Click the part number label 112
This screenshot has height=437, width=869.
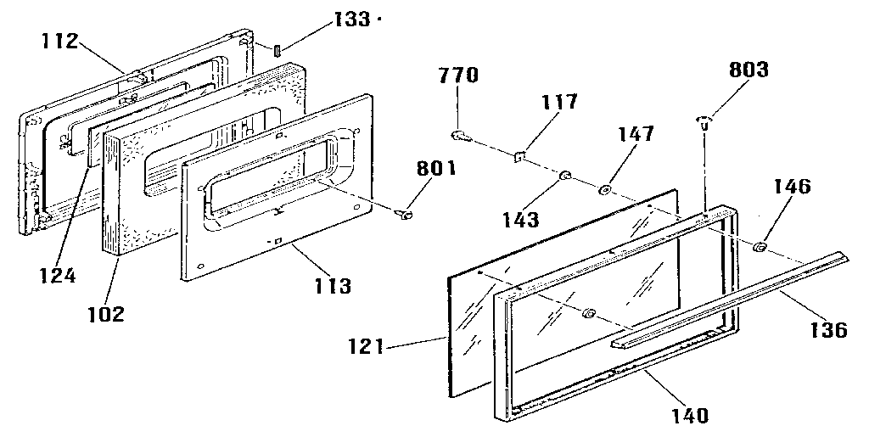pos(59,40)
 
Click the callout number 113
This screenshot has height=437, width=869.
pos(332,286)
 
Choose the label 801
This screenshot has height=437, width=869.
pos(434,168)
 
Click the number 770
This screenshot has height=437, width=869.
pos(458,76)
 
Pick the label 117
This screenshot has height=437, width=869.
pos(560,103)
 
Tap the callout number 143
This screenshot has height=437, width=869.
pos(519,220)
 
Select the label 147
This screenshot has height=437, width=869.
pos(636,134)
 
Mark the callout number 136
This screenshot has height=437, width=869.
pos(829,328)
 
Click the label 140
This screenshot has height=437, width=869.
pos(688,416)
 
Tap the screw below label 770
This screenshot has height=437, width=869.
pos(457,134)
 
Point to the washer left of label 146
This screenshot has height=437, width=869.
pos(760,248)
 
